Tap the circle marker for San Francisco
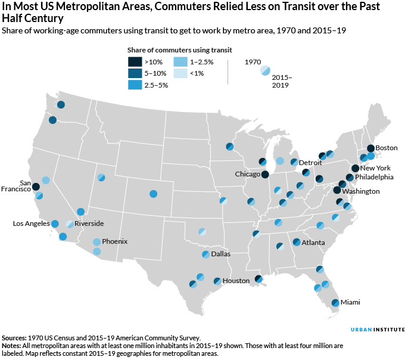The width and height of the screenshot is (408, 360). (x=36, y=187)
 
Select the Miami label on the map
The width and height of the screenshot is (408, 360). (x=350, y=302)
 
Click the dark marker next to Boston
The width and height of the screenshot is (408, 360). (x=370, y=148)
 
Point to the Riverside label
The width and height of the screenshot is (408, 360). (x=89, y=224)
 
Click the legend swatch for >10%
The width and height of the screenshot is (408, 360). (x=135, y=61)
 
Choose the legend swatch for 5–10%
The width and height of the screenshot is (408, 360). (x=135, y=73)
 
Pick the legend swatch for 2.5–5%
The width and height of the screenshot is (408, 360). (x=135, y=85)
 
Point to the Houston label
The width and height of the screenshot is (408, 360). (x=236, y=281)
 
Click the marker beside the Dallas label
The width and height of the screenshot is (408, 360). (x=205, y=255)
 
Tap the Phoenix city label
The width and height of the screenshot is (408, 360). (x=114, y=241)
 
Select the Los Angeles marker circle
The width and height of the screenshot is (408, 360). (x=55, y=224)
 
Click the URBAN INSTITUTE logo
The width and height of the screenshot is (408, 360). (x=376, y=329)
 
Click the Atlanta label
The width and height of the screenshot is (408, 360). (x=313, y=243)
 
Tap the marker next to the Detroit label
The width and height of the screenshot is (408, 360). (x=294, y=162)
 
